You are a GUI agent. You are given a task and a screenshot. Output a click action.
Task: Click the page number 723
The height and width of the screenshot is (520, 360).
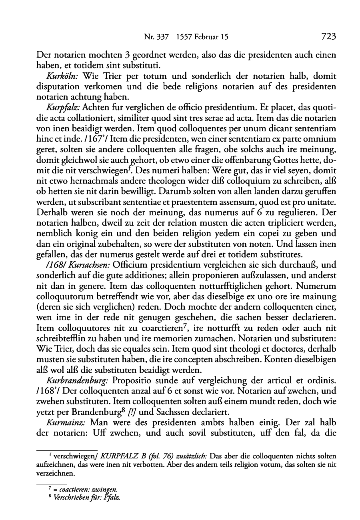[x=328, y=37]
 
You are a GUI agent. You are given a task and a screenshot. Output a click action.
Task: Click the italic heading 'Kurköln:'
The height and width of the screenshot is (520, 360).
[x=63, y=76]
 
